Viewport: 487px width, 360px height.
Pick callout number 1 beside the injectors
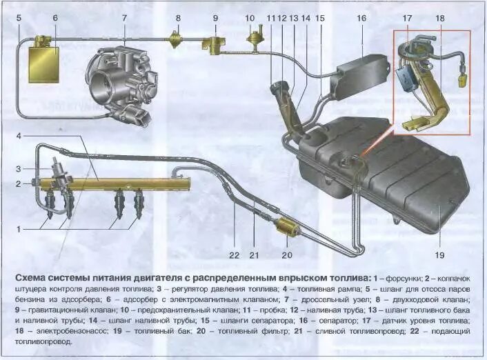19,228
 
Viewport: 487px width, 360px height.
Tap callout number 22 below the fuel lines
234,255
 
